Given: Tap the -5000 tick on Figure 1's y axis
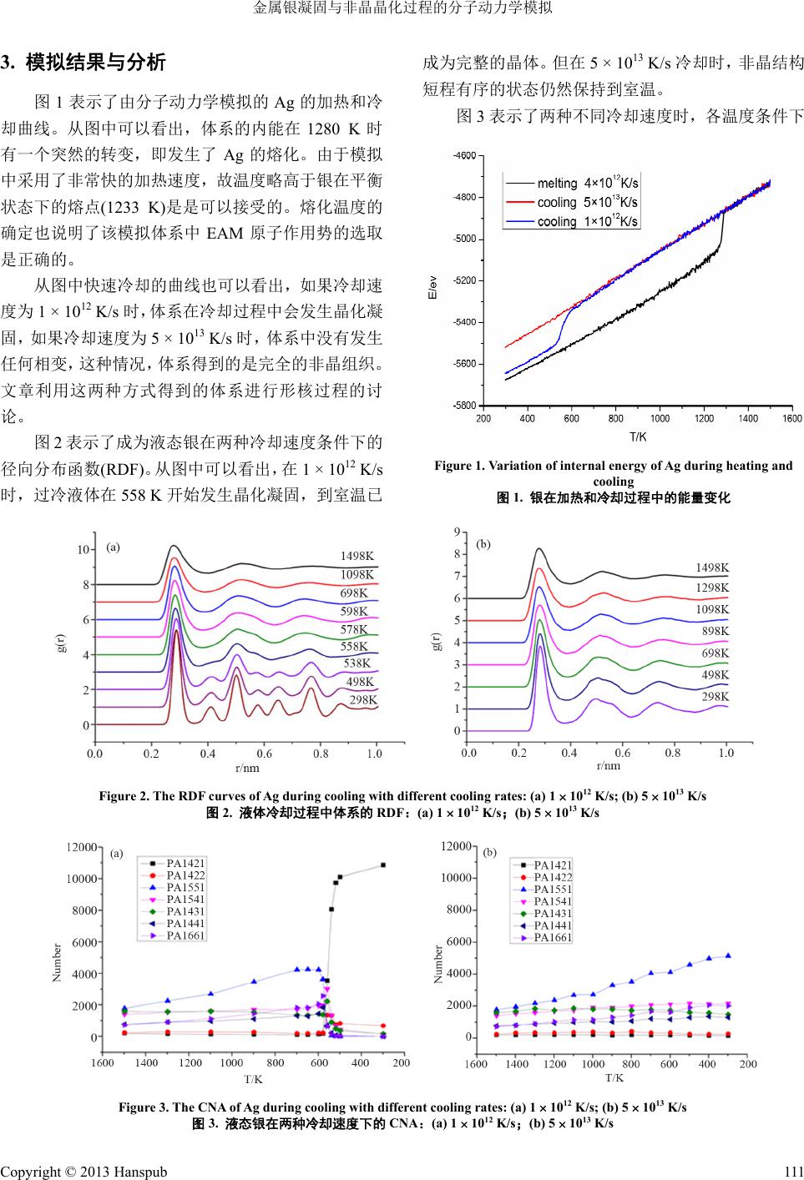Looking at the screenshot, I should point(463,239).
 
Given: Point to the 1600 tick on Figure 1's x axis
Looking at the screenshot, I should point(791,418).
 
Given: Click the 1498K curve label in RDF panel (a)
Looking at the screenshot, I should point(356,555).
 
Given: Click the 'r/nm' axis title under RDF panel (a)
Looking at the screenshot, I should point(246,768).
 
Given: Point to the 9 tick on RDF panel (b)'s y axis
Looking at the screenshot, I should point(456,532).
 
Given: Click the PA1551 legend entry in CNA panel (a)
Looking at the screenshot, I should point(185,887).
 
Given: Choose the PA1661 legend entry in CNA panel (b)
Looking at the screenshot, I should point(552,937).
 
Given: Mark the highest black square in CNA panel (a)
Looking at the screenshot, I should point(383,865).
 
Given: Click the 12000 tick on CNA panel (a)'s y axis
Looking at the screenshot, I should point(81,846).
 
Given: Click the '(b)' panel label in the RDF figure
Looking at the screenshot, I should point(483,544).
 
